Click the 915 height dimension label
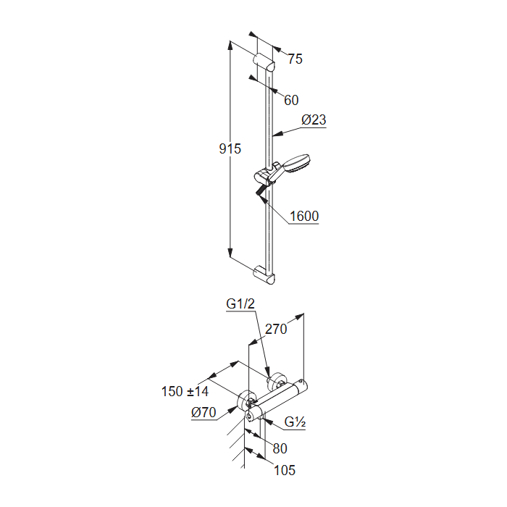click(x=230, y=148)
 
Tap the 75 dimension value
click(x=296, y=59)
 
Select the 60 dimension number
click(x=291, y=100)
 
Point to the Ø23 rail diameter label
click(x=314, y=120)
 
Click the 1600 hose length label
click(x=304, y=216)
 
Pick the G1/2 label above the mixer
click(x=240, y=303)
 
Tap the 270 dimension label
click(x=276, y=329)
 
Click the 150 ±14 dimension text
click(x=185, y=392)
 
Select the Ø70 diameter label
click(x=204, y=413)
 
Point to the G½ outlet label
click(x=295, y=422)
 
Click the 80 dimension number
click(x=280, y=448)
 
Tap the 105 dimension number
click(x=285, y=470)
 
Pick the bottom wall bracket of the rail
click(x=264, y=275)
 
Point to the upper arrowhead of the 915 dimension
click(x=230, y=45)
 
